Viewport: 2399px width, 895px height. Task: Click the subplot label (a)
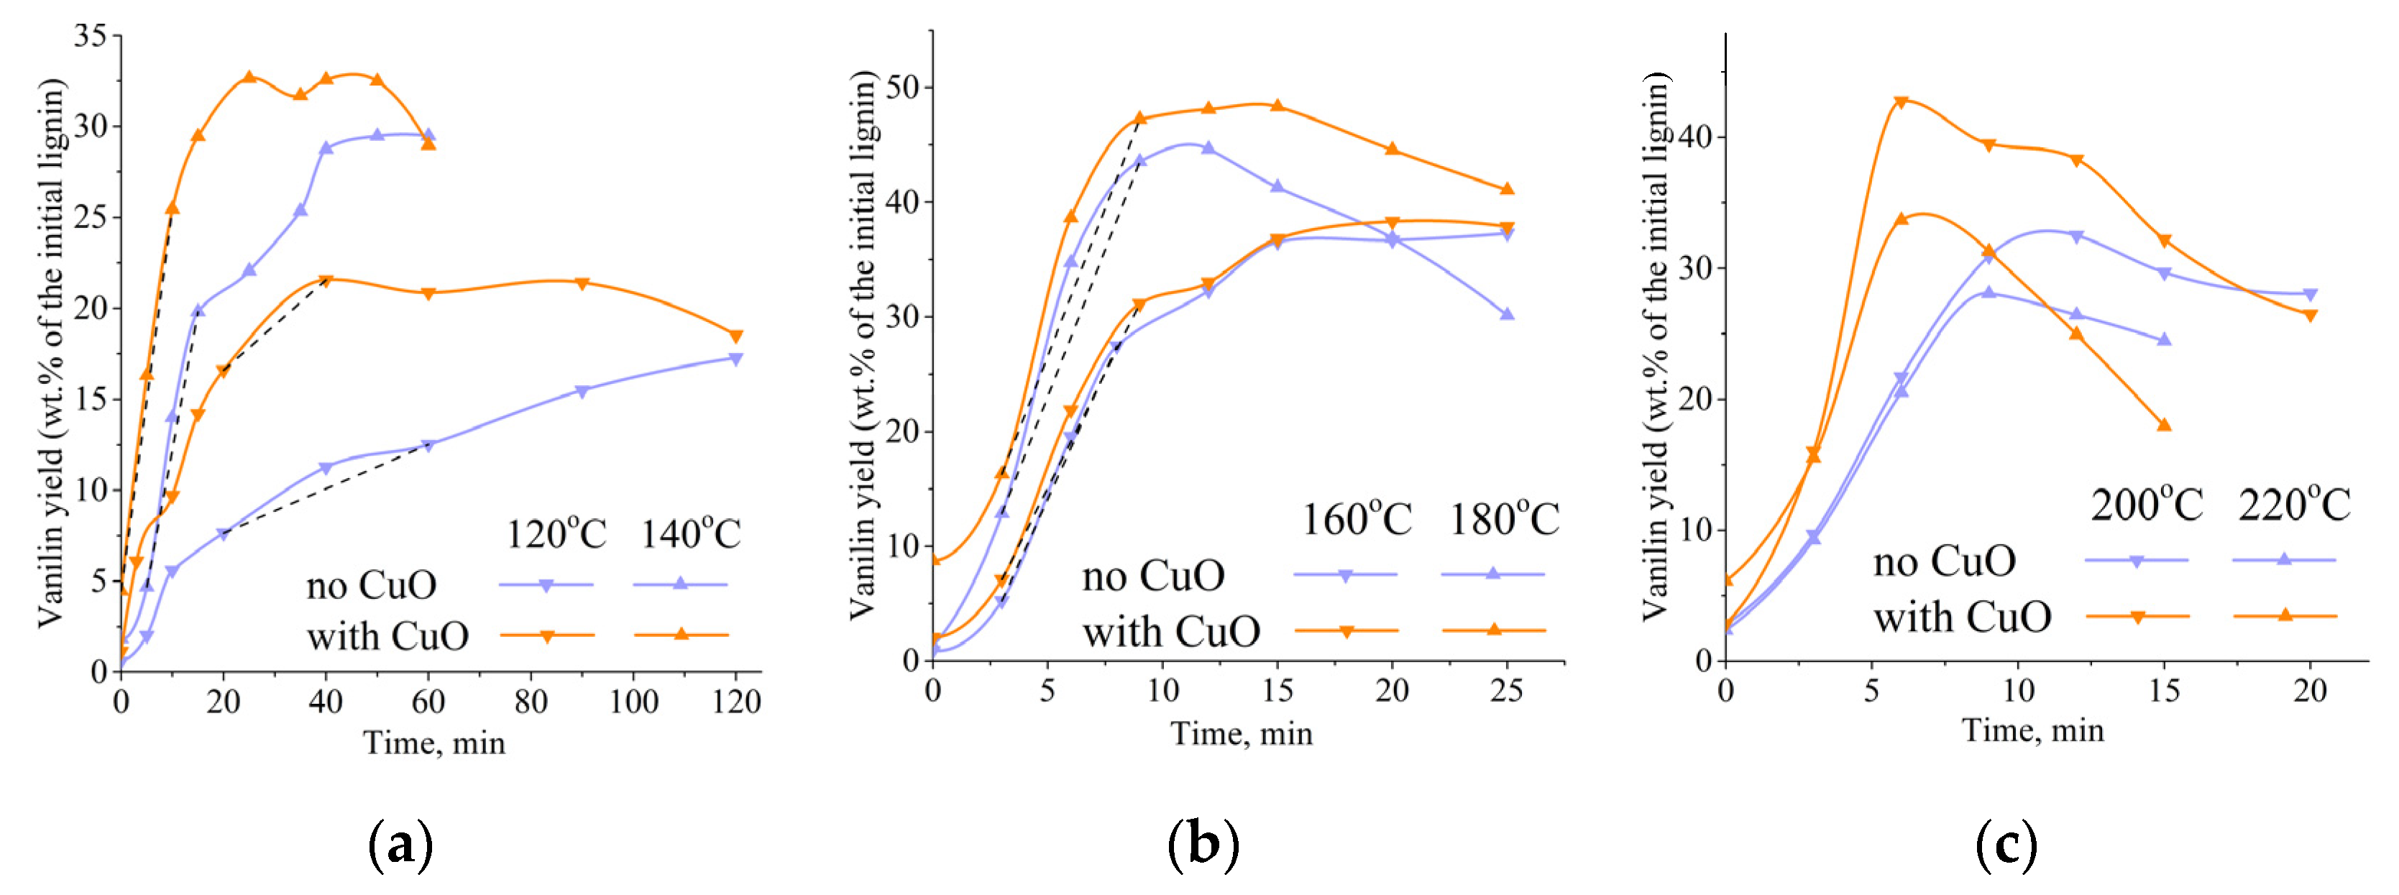(401, 845)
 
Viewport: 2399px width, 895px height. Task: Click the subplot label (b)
(1203, 845)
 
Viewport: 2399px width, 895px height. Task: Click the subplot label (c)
(2005, 845)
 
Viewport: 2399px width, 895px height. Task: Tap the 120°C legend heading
(556, 533)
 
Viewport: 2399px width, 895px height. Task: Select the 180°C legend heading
(1504, 519)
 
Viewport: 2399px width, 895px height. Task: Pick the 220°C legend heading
(2295, 505)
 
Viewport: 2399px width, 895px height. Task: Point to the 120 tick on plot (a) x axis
(735, 702)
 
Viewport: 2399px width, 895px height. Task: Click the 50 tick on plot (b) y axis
(902, 88)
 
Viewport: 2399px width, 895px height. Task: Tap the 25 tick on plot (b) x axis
(1507, 690)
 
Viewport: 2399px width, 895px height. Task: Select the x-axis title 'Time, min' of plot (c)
(2033, 730)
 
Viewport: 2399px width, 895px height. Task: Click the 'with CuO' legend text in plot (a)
(387, 636)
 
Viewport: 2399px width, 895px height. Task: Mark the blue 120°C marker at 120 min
(735, 359)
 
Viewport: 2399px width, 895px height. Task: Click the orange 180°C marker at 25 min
(1507, 189)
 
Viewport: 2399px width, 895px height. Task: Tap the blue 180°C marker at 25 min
(1507, 314)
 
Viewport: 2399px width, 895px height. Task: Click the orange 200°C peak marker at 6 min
(1902, 101)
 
